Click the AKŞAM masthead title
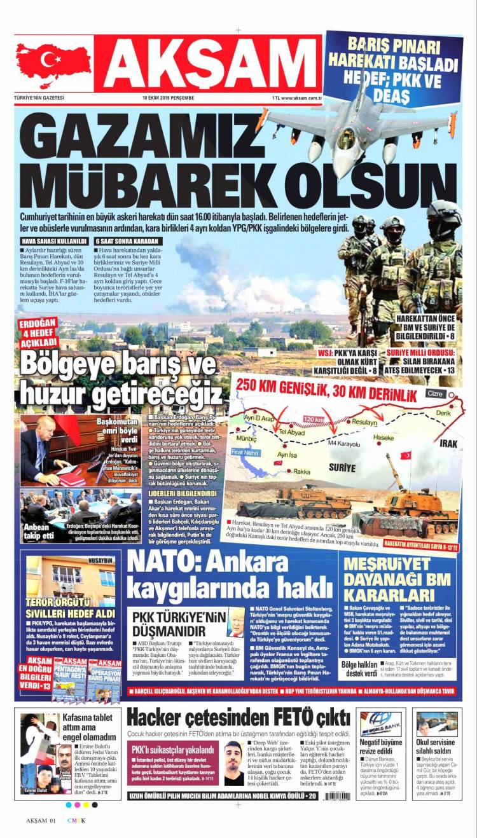(x=207, y=64)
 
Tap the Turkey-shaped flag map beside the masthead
(x=53, y=65)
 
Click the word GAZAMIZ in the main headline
(x=134, y=134)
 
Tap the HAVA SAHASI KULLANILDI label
(x=54, y=242)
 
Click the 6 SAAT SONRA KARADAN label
(x=128, y=242)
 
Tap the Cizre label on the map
(x=435, y=394)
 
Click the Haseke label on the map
(x=383, y=438)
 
